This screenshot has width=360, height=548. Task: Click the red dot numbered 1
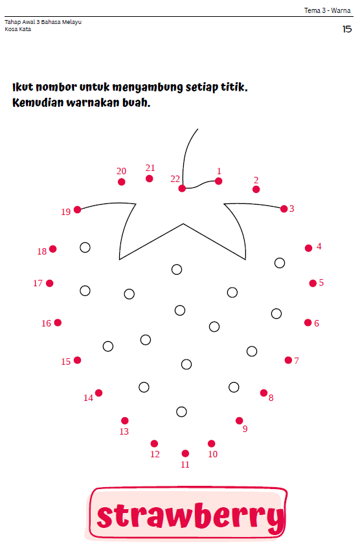point(219,181)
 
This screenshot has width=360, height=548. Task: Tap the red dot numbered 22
point(182,188)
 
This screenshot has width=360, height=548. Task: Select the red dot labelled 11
point(185,453)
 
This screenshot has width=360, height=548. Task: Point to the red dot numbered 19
point(78,210)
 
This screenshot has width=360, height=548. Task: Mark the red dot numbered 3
point(284,209)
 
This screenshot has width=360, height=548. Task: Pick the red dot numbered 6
point(308,323)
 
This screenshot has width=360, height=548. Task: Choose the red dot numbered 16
point(58,323)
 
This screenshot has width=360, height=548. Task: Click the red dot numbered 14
point(99,393)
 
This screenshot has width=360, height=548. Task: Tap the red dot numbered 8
point(264,393)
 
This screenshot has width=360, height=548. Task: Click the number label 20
point(121,171)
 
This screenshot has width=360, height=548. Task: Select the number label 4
point(319,246)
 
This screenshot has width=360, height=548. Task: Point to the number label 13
point(124,431)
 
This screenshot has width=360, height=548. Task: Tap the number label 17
point(38,283)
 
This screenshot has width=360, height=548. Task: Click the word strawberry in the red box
point(190,516)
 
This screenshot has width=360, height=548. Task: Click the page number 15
point(347,29)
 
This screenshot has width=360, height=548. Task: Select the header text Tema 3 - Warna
point(327,10)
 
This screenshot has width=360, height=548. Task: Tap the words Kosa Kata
point(18,29)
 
